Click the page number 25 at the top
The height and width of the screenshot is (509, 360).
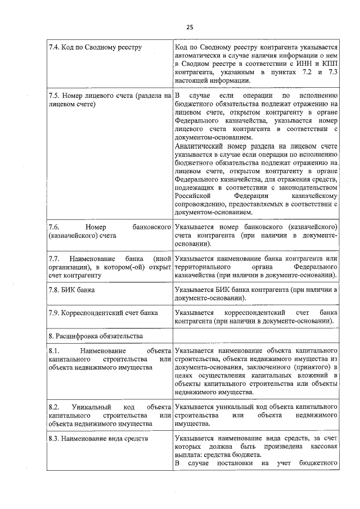pos(190,26)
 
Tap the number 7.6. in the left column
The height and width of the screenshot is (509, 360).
pos(55,227)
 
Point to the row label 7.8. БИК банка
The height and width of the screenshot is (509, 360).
pos(72,290)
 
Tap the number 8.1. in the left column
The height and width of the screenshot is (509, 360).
pos(55,351)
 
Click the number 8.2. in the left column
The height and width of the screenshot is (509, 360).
pos(55,407)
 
